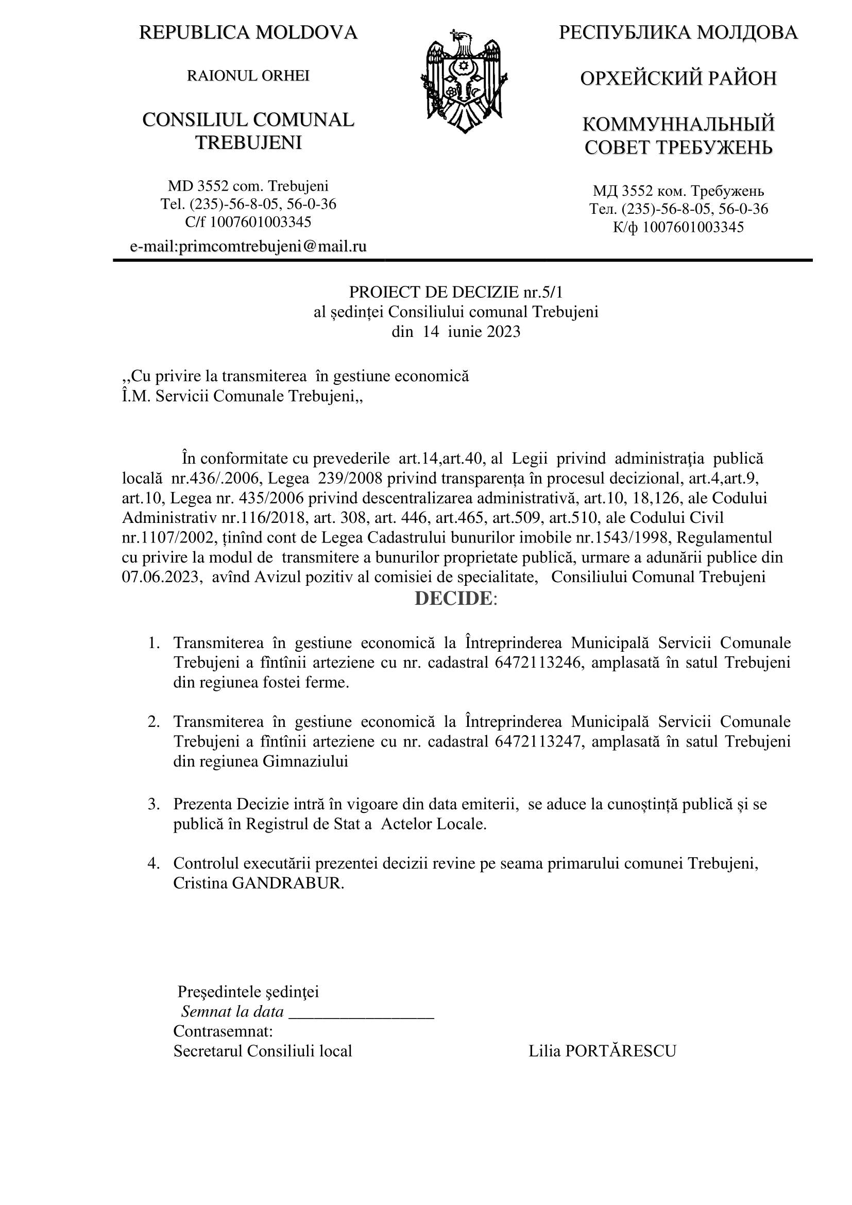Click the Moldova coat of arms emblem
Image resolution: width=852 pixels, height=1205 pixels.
coord(464,82)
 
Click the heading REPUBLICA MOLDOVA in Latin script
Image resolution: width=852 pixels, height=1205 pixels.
coord(248,33)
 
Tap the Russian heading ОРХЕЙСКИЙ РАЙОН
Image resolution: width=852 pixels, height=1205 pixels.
coord(678,79)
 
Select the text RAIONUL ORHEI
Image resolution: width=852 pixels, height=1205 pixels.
coord(248,76)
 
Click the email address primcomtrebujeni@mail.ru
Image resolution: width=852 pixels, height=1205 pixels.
coord(248,246)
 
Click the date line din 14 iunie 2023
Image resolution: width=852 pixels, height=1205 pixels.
coord(456,332)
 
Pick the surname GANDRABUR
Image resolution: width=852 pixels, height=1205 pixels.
coord(288,884)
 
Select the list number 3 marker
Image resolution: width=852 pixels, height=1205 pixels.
coord(153,805)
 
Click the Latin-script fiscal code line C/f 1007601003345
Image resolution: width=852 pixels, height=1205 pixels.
coord(248,222)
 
